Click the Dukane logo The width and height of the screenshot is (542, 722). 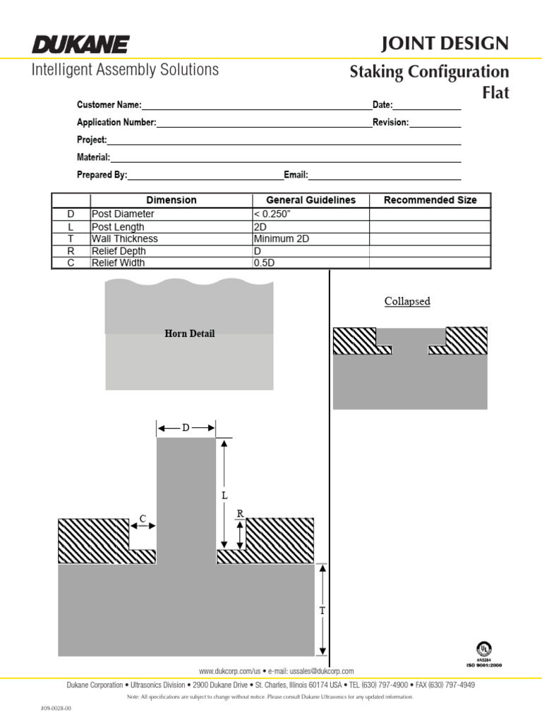[80, 45]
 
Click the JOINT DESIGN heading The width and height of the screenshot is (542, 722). [445, 44]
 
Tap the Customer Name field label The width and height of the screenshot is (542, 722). [109, 105]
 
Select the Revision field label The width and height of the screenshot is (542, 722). [391, 123]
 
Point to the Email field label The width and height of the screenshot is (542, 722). [296, 175]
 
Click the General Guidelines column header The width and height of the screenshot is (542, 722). [311, 200]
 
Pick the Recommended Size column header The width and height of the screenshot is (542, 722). [430, 200]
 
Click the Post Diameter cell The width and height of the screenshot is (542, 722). [123, 214]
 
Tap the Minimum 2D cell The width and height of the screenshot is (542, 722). [281, 239]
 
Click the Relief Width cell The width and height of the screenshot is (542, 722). [118, 263]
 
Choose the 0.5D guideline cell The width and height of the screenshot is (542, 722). [265, 263]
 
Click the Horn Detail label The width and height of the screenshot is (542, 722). [189, 334]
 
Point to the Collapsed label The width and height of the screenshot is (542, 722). [407, 302]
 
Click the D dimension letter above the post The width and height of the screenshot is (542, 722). [186, 427]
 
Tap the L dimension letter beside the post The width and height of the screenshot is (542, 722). [225, 496]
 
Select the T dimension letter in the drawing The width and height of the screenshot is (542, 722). [323, 611]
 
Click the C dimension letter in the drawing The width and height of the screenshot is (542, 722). [142, 519]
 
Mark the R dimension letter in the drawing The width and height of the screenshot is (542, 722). [240, 515]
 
